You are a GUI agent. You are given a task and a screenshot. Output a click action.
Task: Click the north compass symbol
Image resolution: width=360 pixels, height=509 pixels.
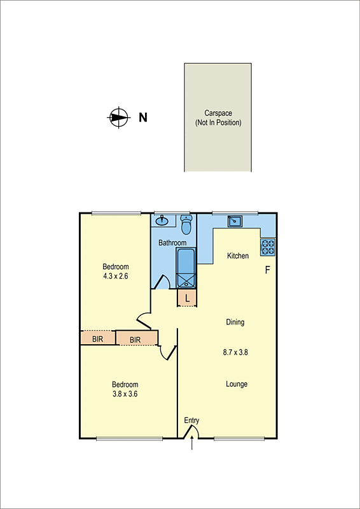point(118,117)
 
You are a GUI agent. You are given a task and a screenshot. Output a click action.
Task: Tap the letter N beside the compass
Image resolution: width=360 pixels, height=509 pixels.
point(143,117)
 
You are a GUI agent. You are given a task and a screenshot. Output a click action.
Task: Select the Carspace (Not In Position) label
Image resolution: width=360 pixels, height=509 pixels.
point(218,118)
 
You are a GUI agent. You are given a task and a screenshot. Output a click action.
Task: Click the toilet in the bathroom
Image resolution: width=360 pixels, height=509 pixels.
point(186,225)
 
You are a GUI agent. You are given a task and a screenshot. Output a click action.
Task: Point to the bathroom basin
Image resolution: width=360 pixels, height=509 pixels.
point(162,221)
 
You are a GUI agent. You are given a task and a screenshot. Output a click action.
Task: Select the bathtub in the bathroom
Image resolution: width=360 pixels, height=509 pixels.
point(186,268)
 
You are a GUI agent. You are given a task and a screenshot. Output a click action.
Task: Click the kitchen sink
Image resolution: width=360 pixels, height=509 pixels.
point(235,220)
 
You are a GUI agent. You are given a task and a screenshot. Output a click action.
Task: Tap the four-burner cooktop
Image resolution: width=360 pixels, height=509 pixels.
point(267,246)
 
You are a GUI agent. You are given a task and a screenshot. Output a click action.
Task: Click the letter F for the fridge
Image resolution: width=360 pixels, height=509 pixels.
point(268,270)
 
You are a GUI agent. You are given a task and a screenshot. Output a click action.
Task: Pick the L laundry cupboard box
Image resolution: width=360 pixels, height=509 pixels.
point(186,298)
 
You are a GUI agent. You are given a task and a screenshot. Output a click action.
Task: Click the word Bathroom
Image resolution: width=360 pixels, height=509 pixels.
point(172,243)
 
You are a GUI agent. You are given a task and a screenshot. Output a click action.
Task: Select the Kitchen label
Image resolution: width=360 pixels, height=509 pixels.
point(238,256)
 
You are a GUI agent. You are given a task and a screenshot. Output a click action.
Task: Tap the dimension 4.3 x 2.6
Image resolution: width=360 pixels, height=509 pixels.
point(116,276)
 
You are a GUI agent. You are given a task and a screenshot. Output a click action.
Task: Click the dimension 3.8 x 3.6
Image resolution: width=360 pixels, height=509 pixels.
point(125,394)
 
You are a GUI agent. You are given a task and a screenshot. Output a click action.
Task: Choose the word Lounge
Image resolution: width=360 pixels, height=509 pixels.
point(237,384)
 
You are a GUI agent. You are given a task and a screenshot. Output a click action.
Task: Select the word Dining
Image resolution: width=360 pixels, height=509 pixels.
point(235,322)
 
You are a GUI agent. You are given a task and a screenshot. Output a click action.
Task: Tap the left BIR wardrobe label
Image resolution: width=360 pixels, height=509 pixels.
point(97,339)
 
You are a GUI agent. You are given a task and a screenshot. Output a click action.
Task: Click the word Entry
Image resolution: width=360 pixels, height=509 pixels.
point(191,421)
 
